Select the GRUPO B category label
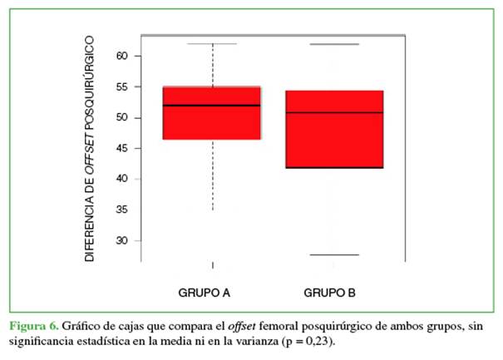tap(330, 293)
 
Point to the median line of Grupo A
tap(212, 106)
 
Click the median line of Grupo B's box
tap(333, 112)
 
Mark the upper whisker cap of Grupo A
tap(213, 43)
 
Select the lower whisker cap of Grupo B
tap(333, 254)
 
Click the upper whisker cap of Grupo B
tap(333, 44)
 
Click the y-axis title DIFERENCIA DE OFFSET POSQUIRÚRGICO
tap(91, 150)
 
